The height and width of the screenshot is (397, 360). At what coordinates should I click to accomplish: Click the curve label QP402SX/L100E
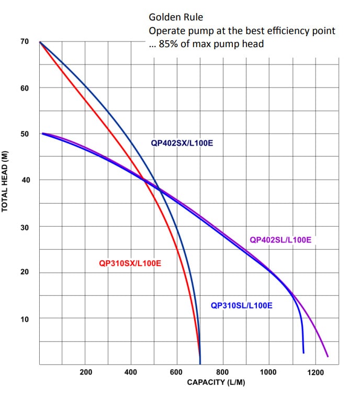click(182, 142)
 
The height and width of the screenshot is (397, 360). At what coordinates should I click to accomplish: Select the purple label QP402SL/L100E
click(280, 240)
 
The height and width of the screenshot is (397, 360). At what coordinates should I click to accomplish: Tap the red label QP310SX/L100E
click(130, 263)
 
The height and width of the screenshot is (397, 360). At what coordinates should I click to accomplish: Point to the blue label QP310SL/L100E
click(241, 305)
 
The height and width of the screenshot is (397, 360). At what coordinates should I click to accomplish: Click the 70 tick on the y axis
click(25, 41)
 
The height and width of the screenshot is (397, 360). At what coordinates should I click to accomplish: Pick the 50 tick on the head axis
click(25, 134)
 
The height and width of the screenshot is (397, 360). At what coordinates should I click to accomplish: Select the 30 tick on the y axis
click(25, 226)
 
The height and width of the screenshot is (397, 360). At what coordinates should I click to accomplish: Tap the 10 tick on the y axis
click(25, 318)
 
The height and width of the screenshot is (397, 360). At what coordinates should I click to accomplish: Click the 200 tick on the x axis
click(86, 372)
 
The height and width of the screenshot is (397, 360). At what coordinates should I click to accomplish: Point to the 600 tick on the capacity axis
click(177, 372)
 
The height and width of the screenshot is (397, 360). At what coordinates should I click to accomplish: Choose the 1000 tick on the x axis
click(268, 372)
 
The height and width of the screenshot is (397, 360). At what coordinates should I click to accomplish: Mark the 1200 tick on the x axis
click(315, 372)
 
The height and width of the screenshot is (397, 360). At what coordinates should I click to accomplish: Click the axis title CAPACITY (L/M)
click(216, 382)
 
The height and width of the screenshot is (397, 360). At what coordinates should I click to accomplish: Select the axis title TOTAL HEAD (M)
click(5, 180)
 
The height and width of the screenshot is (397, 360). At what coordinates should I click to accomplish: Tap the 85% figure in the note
click(168, 43)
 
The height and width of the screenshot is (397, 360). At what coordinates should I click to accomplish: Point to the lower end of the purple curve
click(328, 357)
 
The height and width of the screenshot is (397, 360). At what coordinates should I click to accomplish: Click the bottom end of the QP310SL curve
click(303, 352)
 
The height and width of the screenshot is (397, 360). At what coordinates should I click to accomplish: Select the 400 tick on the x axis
click(131, 372)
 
